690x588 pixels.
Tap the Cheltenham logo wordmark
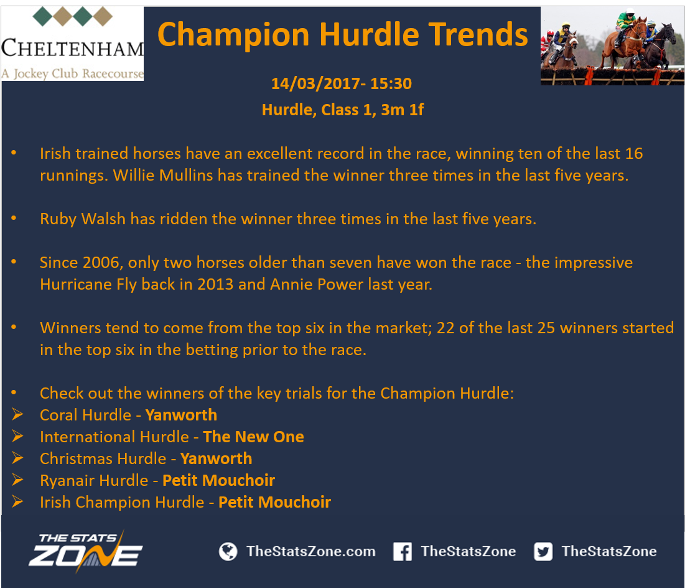(73, 48)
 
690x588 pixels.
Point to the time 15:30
(391, 83)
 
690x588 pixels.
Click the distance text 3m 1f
(402, 110)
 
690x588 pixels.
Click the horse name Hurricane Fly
(88, 285)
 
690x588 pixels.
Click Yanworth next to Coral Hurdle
(181, 415)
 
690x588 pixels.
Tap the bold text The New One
(253, 437)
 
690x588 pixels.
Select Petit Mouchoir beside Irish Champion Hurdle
(274, 502)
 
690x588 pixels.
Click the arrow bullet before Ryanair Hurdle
(17, 479)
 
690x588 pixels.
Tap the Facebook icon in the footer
(402, 551)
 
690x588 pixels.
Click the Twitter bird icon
(543, 551)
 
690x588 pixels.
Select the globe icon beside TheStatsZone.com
(228, 551)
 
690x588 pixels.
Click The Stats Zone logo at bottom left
(85, 551)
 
